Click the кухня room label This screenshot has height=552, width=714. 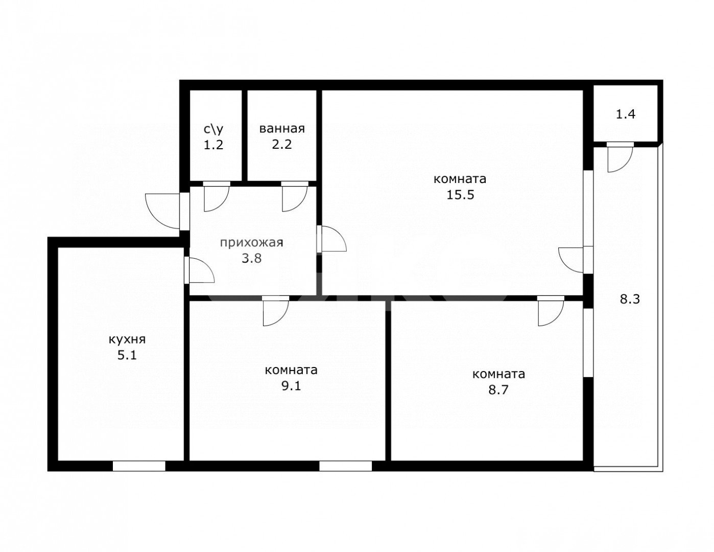click(127, 339)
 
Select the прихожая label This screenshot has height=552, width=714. click(251, 243)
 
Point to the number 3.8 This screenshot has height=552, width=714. click(251, 258)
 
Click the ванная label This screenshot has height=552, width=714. click(282, 129)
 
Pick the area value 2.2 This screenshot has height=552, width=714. click(282, 145)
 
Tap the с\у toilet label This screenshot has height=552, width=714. click(213, 129)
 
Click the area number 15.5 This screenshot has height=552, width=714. click(460, 195)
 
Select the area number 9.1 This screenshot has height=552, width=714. click(291, 385)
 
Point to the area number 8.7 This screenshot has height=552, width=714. click(498, 390)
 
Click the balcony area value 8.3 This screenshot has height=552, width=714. click(630, 300)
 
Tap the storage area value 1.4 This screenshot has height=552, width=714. click(626, 114)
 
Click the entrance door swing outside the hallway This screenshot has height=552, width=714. click(162, 211)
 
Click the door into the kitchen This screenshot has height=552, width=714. click(201, 269)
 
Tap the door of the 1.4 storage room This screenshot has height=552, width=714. click(620, 158)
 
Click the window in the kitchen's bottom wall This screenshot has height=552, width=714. click(139, 466)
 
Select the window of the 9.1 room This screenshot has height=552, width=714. click(345, 466)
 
